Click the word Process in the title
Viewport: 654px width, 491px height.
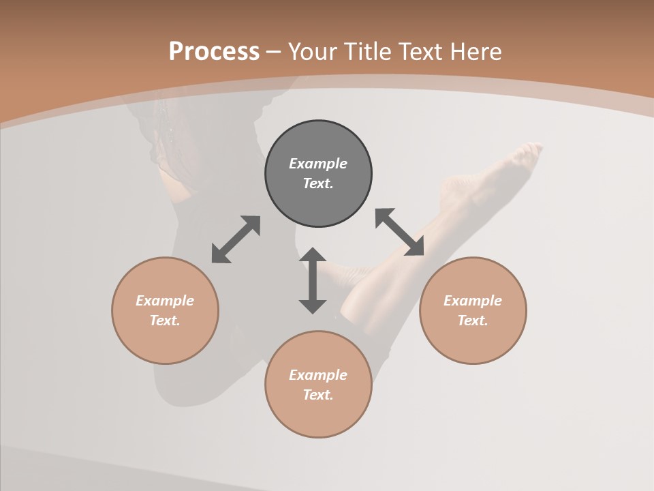click(214, 52)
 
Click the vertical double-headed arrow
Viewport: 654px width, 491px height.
click(313, 280)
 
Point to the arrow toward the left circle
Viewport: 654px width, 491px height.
click(236, 239)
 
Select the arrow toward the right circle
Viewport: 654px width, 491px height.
click(399, 232)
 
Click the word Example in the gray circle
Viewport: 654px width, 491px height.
click(318, 164)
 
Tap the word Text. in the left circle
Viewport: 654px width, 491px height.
click(165, 321)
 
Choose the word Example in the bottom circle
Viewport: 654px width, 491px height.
click(318, 375)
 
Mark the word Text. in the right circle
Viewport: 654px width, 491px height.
click(473, 321)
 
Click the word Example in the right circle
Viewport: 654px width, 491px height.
click(473, 301)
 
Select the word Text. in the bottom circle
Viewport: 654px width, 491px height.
click(318, 395)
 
